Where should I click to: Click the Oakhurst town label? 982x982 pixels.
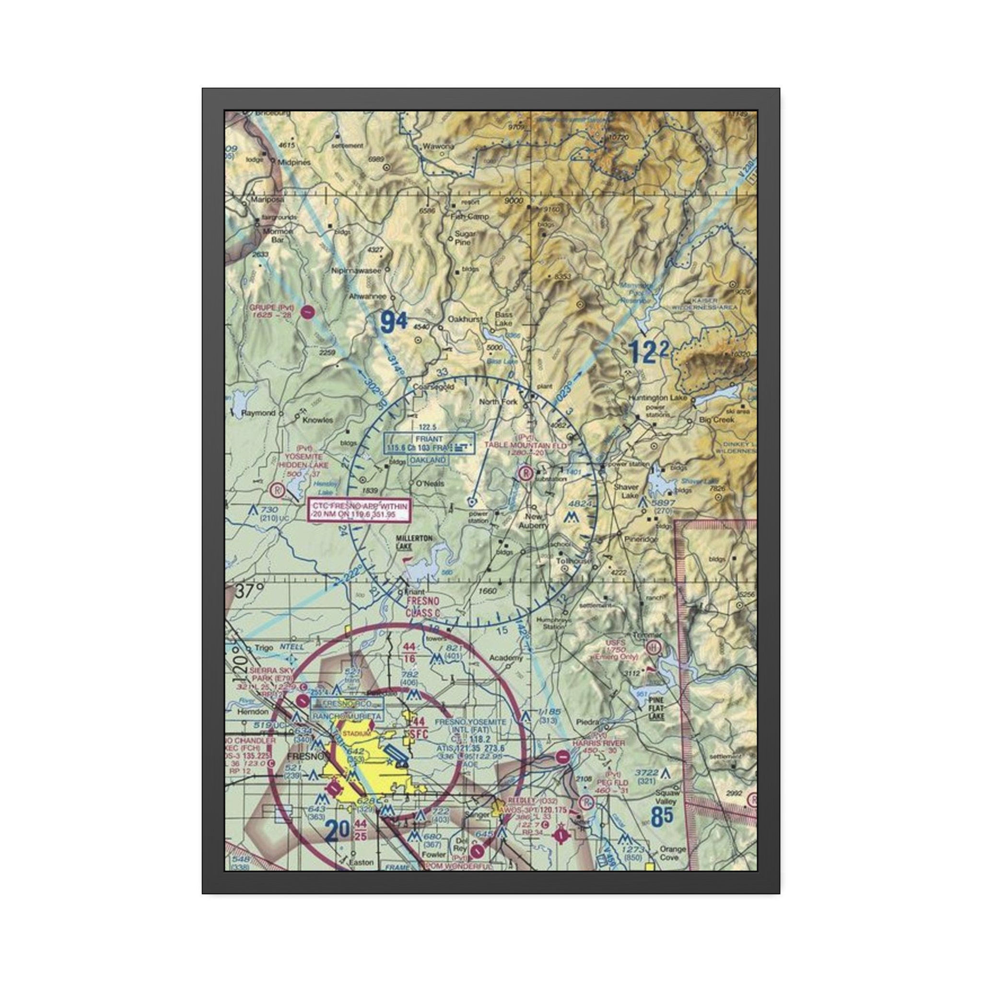465,319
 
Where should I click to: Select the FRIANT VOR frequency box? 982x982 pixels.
430,443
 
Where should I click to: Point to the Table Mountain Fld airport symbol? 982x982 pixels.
526,473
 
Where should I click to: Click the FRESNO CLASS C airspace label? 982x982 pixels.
423,608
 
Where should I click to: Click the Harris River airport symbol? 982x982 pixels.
562,757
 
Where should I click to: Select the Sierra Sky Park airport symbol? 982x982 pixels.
304,701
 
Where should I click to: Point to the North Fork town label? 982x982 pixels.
498,401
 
